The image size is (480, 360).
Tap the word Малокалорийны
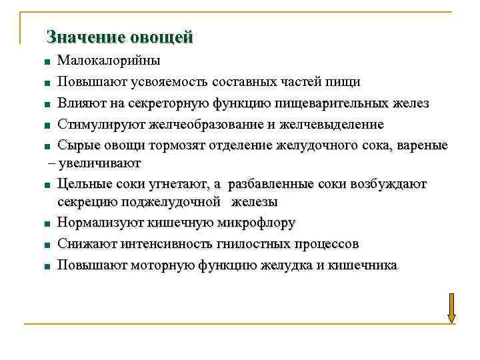(x=109, y=61)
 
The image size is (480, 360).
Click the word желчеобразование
(x=206, y=124)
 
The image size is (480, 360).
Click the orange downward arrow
(x=451, y=308)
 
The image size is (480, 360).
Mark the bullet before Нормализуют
(x=48, y=224)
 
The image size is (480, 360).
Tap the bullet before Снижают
(x=48, y=245)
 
